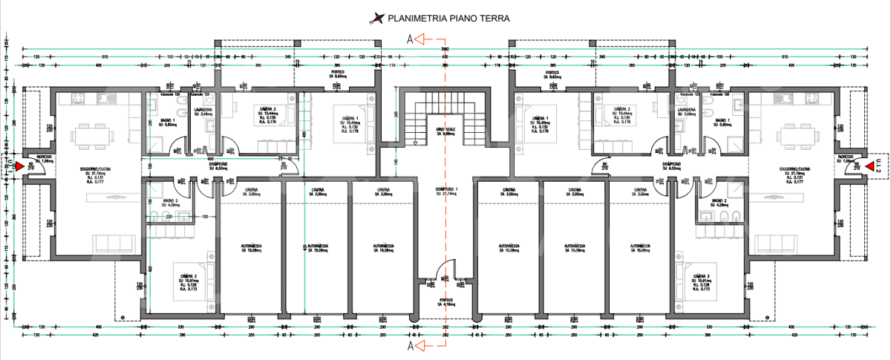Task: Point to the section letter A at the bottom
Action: pos(410,345)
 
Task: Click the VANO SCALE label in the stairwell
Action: pos(445,131)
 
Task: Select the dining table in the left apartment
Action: pos(92,136)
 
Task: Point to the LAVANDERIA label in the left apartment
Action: pos(203,111)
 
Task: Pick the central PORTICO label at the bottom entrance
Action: pos(446,301)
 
